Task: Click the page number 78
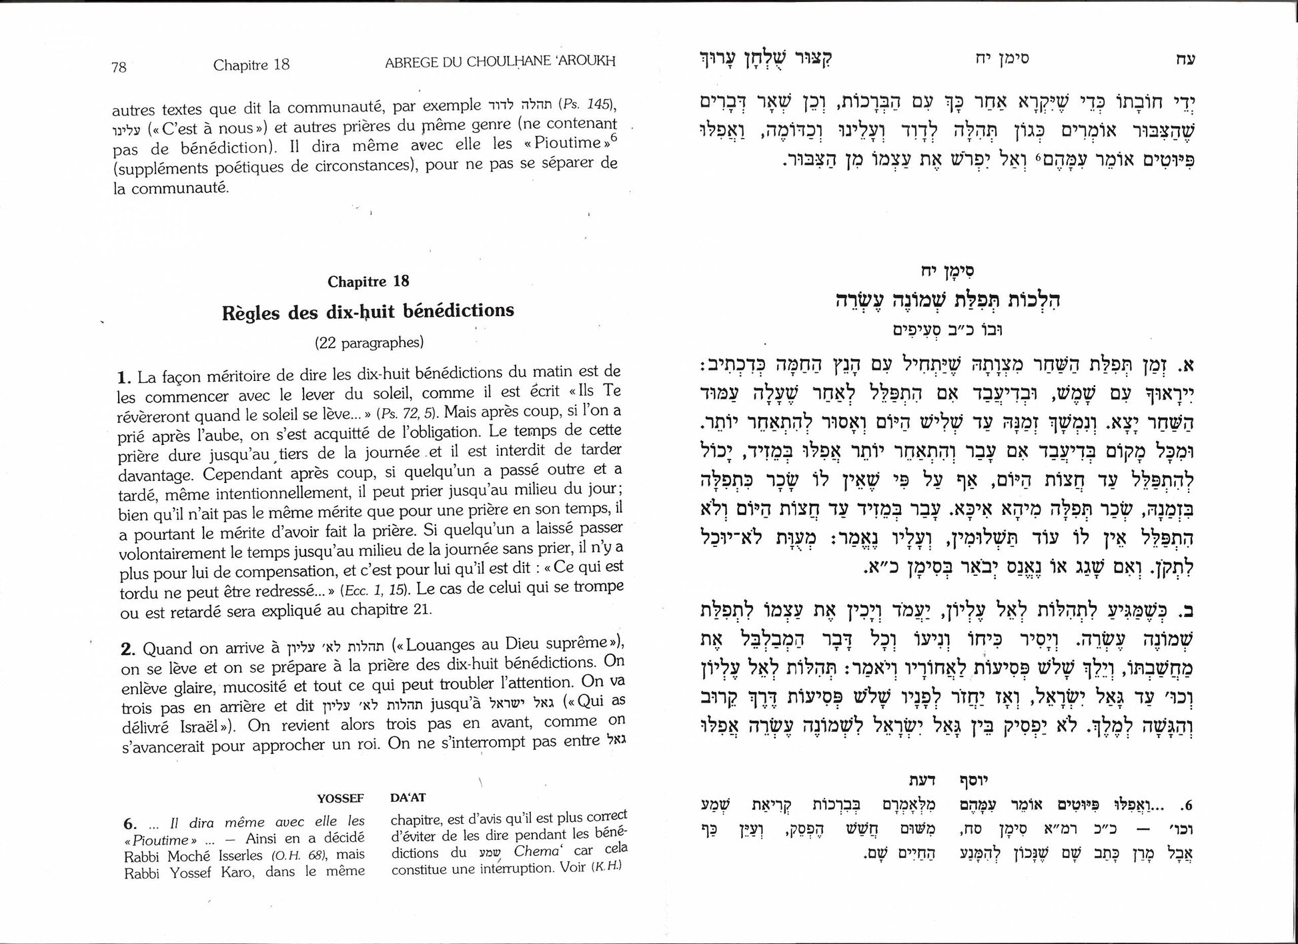tap(119, 67)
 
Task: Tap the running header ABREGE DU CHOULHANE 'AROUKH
tap(500, 62)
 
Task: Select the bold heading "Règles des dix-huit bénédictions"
tap(368, 312)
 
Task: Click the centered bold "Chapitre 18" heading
tap(368, 282)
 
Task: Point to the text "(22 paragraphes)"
tap(369, 343)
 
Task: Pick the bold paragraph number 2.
tap(128, 649)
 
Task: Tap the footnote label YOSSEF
tap(340, 798)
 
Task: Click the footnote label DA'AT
tap(408, 797)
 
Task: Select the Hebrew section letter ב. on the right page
tap(1184, 610)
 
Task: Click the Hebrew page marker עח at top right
tap(1185, 59)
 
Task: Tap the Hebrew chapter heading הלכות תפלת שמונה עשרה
tap(948, 300)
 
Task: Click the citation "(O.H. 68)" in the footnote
tap(299, 856)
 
